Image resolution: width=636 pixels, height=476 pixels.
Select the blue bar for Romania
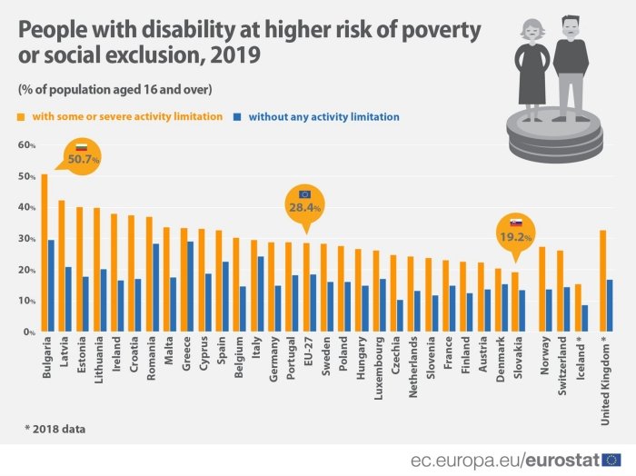click(155, 287)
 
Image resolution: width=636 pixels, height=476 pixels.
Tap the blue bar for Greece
click(189, 286)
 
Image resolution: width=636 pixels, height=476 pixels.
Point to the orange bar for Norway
click(542, 289)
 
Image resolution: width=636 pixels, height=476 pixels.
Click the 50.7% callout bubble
click(83, 154)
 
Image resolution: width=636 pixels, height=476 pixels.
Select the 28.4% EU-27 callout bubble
click(304, 201)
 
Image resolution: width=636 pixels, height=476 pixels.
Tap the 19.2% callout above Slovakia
click(514, 230)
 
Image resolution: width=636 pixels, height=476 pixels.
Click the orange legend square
click(22, 117)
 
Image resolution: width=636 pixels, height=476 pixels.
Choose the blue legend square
click(238, 117)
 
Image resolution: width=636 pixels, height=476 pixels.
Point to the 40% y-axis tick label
click(26, 207)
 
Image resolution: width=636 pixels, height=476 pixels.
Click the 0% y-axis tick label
click(29, 332)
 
